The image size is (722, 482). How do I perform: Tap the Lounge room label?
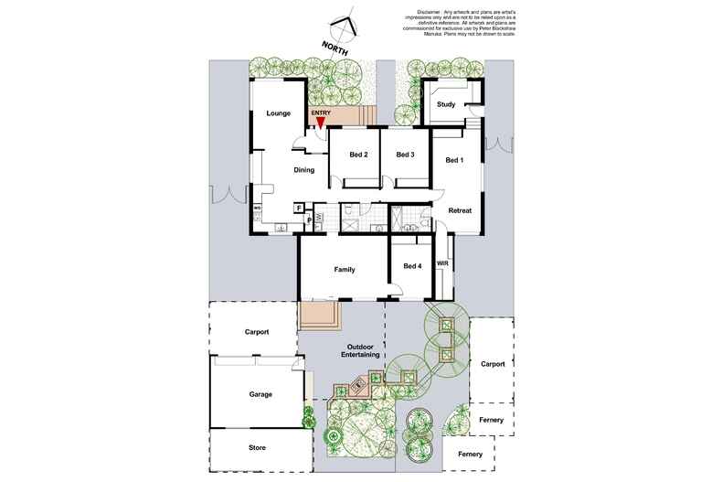pos(278,113)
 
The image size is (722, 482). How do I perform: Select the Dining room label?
pos(304,170)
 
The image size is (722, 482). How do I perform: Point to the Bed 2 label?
pos(358,155)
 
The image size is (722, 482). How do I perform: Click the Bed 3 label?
pos(406,155)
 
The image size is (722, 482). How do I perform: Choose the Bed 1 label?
pos(454,161)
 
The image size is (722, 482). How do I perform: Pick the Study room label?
pos(446,104)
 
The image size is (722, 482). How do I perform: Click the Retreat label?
pos(460,211)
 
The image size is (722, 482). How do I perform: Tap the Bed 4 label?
pos(413,267)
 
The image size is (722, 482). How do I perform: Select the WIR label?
pos(443,263)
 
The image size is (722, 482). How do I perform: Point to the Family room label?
pos(344,270)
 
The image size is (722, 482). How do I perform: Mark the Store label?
pos(257,448)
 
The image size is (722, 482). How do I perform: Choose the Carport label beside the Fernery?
pos(493,364)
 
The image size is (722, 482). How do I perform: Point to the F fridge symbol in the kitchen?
pos(299,209)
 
